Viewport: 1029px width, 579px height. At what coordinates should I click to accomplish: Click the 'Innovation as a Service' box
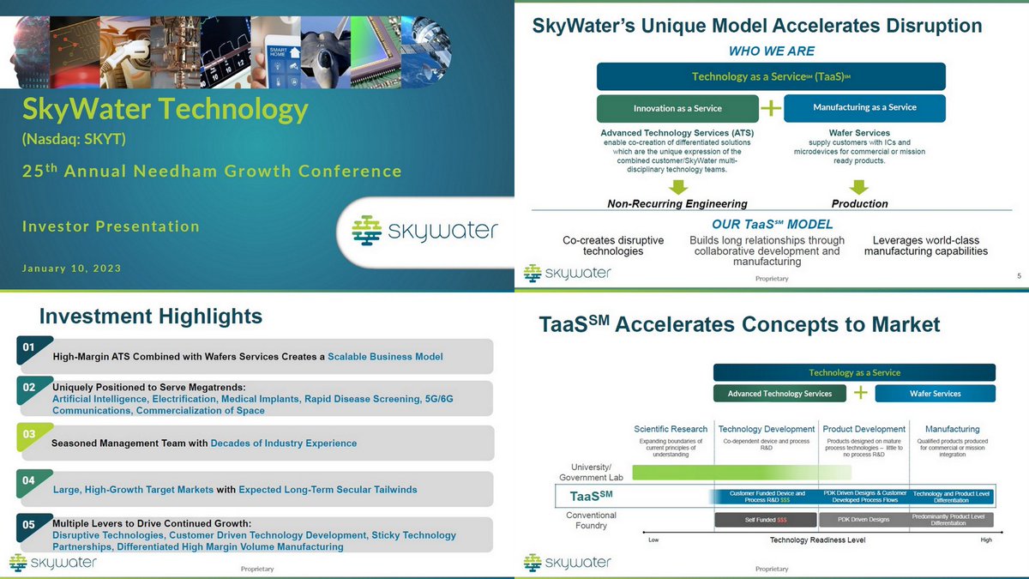[x=677, y=108]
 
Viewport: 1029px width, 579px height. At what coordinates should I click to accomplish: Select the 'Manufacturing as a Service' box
[x=864, y=108]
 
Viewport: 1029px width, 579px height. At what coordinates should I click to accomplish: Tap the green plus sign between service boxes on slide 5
[x=772, y=108]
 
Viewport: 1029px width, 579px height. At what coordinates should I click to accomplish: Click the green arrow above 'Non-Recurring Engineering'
[x=677, y=186]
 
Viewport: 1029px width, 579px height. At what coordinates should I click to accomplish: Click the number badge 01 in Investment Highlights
[x=29, y=347]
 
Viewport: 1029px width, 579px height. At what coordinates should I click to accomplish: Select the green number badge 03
[x=29, y=435]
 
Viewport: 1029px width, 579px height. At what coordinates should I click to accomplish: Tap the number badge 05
[x=29, y=524]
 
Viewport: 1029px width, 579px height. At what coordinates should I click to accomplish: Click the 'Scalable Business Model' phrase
[x=385, y=357]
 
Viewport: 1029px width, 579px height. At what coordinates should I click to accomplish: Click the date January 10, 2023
[x=71, y=268]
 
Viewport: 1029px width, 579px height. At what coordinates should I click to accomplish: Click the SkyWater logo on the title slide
[x=424, y=231]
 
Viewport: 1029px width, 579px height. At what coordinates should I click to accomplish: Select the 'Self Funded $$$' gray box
[x=764, y=520]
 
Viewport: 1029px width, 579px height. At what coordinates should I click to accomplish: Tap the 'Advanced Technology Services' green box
[x=779, y=394]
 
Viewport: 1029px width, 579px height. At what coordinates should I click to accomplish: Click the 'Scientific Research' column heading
[x=671, y=429]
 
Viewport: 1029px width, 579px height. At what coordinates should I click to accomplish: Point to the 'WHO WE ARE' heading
[x=771, y=51]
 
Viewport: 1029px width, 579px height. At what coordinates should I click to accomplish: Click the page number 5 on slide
[x=1019, y=274]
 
